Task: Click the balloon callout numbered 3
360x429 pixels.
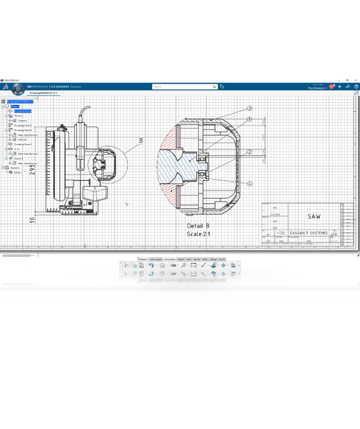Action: [250, 109]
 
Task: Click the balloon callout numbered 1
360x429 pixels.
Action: [249, 120]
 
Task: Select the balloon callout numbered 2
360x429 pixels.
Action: [249, 152]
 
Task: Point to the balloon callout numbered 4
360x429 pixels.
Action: [250, 184]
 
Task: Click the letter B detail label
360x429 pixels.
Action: [141, 141]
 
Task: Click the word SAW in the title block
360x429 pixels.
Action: [314, 217]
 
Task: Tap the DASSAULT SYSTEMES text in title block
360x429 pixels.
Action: [309, 233]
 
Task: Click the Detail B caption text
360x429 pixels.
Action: [198, 226]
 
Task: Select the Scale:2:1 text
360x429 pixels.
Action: [198, 234]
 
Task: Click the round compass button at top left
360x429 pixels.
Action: [5, 86]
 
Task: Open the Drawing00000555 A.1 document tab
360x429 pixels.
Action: [44, 93]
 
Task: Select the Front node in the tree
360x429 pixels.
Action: [18, 116]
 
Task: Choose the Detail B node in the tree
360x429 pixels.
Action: [19, 159]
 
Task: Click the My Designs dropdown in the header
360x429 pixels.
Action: [317, 88]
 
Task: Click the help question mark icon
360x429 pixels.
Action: [356, 86]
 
